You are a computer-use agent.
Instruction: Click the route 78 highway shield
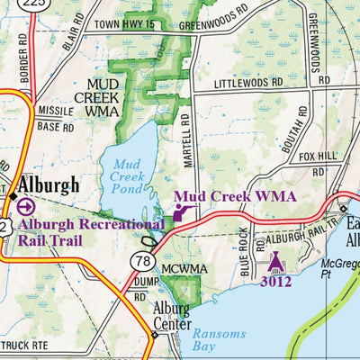click(x=145, y=262)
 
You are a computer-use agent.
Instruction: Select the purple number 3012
click(x=275, y=281)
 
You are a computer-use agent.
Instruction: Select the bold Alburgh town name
click(x=48, y=185)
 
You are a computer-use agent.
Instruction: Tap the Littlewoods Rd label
click(x=248, y=83)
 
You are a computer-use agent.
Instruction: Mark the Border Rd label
click(x=24, y=61)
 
